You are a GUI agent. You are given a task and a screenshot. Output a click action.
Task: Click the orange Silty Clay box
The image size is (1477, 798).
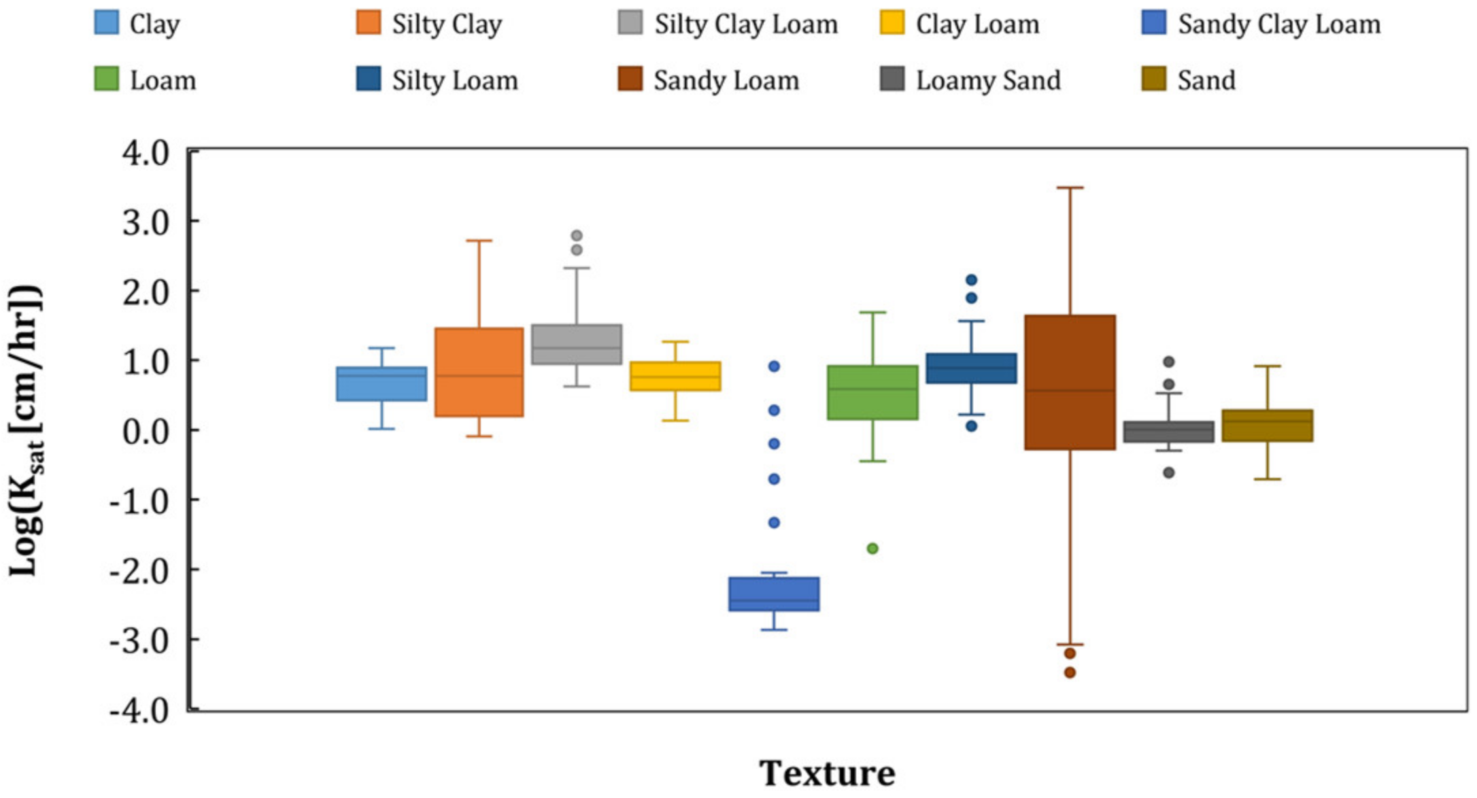(x=479, y=372)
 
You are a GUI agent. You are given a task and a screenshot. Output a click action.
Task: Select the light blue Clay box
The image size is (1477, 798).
(x=381, y=384)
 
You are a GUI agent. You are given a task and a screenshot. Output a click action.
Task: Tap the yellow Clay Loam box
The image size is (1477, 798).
(x=675, y=376)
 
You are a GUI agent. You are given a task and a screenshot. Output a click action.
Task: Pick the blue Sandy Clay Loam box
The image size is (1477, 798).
(x=774, y=594)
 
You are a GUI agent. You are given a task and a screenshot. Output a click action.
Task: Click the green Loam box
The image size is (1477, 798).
(x=872, y=392)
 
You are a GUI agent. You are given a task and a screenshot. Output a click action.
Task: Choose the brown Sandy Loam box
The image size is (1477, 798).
(x=1070, y=382)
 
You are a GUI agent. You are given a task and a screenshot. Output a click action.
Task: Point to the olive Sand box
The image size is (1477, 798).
(x=1267, y=426)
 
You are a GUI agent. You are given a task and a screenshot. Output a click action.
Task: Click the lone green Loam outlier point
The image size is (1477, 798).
(x=872, y=549)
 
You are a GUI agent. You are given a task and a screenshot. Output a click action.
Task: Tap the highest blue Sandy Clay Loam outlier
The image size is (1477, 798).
(x=774, y=366)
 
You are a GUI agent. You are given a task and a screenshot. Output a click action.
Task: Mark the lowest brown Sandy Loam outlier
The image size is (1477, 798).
(x=1070, y=673)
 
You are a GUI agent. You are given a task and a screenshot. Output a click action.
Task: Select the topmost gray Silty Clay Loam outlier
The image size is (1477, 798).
(x=577, y=236)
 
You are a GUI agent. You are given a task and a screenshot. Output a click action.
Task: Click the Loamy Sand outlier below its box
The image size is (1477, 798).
(x=1168, y=472)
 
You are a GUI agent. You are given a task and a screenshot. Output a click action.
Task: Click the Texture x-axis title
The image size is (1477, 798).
(x=827, y=774)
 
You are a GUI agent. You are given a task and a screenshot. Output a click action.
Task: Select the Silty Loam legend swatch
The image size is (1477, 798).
(x=369, y=79)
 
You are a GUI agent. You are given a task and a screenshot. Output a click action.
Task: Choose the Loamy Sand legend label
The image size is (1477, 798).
(x=988, y=80)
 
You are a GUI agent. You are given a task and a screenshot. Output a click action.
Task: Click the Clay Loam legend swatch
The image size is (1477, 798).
(x=892, y=22)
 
